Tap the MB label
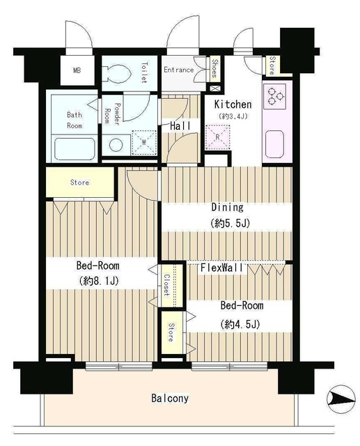pyautogui.click(x=77, y=70)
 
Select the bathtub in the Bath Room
pyautogui.click(x=75, y=148)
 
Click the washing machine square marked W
pyautogui.click(x=144, y=142)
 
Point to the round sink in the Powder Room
pyautogui.click(x=116, y=145)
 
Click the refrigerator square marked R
pyautogui.click(x=218, y=137)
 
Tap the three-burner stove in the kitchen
pyautogui.click(x=275, y=96)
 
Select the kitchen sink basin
pyautogui.click(x=274, y=144)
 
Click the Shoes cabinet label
pyautogui.click(x=215, y=68)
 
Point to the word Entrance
pyautogui.click(x=179, y=70)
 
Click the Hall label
pyautogui.click(x=180, y=126)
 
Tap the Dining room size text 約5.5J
pyautogui.click(x=230, y=223)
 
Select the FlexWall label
pyautogui.click(x=222, y=268)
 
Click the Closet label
pyautogui.click(x=166, y=285)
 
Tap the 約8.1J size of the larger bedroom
pyautogui.click(x=99, y=281)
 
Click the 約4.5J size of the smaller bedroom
pyautogui.click(x=240, y=324)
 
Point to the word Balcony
pyautogui.click(x=170, y=398)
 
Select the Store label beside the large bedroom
pyautogui.click(x=79, y=183)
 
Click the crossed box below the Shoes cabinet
pyautogui.click(x=214, y=89)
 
